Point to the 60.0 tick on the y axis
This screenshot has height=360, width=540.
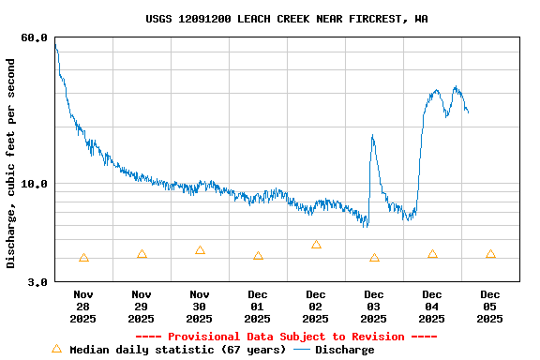pyautogui.click(x=34, y=37)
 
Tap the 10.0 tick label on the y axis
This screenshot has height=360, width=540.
pyautogui.click(x=34, y=184)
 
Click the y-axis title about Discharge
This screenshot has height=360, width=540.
pyautogui.click(x=11, y=163)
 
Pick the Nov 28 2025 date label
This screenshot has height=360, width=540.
pyautogui.click(x=83, y=307)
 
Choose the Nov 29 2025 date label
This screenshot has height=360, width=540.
pyautogui.click(x=142, y=307)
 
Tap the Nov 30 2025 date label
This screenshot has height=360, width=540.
pyautogui.click(x=200, y=307)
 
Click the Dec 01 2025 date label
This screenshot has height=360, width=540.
pyautogui.click(x=258, y=307)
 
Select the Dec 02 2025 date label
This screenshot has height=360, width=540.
pyautogui.click(x=316, y=307)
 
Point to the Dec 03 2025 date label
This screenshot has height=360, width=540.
pyautogui.click(x=374, y=307)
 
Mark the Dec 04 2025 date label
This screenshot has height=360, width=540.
pyautogui.click(x=432, y=307)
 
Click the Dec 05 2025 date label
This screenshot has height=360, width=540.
pyautogui.click(x=490, y=307)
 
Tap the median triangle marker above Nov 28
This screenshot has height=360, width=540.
pyautogui.click(x=83, y=258)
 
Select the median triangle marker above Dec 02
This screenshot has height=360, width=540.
pyautogui.click(x=316, y=245)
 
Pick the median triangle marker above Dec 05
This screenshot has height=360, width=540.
pyautogui.click(x=490, y=254)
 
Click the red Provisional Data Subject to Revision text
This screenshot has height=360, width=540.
pyautogui.click(x=286, y=337)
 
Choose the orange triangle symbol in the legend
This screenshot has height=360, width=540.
pyautogui.click(x=56, y=349)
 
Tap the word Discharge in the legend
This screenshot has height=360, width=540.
pyautogui.click(x=344, y=350)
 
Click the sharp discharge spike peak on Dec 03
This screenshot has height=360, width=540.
pyautogui.click(x=372, y=136)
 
